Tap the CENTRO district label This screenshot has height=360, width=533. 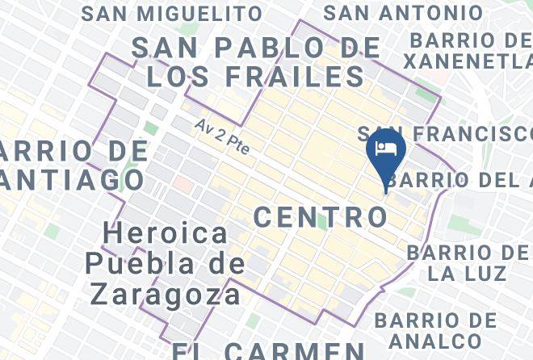click(321, 216)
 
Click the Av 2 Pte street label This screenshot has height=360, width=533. click(222, 137)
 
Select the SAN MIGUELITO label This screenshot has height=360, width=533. click(172, 14)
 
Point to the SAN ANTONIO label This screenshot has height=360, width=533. click(403, 14)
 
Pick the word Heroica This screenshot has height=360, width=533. click(166, 234)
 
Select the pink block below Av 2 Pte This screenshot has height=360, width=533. click(183, 185)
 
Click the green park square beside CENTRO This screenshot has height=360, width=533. click(321, 222)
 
